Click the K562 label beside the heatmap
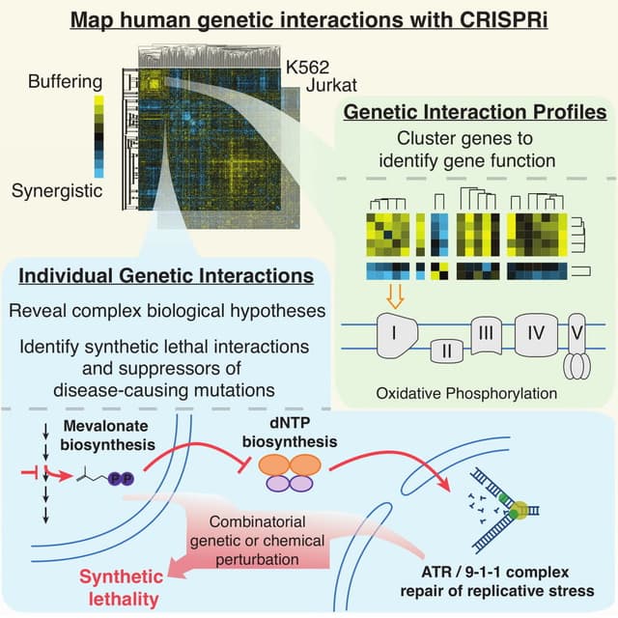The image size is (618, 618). [306, 67]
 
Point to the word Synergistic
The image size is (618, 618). [56, 191]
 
